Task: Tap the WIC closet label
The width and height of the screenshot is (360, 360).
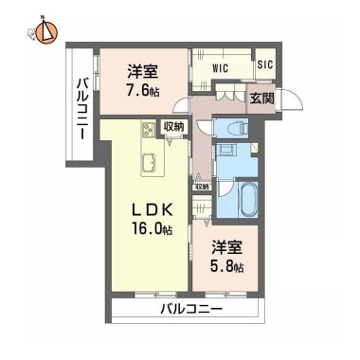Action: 221,67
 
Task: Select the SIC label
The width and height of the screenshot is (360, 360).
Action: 265,64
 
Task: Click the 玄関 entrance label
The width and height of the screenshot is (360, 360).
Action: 261,99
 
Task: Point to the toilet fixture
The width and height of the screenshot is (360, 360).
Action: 237,128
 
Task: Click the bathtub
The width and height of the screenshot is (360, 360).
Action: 248,200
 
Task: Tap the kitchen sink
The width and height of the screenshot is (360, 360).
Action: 148,162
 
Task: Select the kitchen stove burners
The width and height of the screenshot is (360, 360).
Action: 148,129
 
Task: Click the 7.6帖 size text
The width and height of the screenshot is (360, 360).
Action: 141,92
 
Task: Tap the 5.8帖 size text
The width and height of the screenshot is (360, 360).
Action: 226,267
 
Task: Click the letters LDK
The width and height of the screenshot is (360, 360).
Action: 153,210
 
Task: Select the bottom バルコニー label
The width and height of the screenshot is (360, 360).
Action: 191,309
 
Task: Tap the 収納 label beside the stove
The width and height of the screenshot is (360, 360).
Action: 173,127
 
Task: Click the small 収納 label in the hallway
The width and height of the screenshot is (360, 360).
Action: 202,187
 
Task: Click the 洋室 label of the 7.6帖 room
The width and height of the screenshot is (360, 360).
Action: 142,72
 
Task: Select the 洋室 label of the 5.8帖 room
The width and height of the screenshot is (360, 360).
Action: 226,247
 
